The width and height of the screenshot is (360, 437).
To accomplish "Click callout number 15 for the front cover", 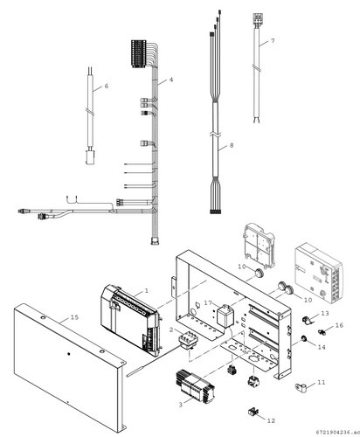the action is point(75,317).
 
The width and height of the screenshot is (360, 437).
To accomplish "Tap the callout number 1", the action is point(147,290).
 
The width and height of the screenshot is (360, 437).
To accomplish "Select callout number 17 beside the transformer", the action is point(208,303).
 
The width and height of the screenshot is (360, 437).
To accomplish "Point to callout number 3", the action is point(181,405).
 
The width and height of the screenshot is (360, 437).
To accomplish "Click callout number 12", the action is point(271,420).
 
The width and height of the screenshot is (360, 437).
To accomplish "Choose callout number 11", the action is point(322,382).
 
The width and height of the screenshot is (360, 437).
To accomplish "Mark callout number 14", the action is point(322,347).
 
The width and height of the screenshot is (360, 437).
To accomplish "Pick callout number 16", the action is point(339,325).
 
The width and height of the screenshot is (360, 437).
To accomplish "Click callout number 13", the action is point(325,313).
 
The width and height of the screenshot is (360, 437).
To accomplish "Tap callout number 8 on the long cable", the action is point(232,145).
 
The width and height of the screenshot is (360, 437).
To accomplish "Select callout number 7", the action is point(273,41).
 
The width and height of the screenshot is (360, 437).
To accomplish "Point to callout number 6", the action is point(107,86).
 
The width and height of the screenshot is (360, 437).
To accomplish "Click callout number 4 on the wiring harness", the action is point(171,80).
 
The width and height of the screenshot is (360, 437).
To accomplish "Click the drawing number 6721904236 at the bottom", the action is point(336,432).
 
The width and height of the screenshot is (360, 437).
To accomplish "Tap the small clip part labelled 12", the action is point(253,412).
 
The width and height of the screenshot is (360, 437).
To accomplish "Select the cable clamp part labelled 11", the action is point(302,387).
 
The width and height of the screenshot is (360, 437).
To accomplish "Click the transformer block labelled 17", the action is point(225,316).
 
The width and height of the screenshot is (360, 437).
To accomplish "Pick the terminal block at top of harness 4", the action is point(138,53).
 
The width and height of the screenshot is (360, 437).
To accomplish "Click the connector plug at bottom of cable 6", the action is point(90,157).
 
